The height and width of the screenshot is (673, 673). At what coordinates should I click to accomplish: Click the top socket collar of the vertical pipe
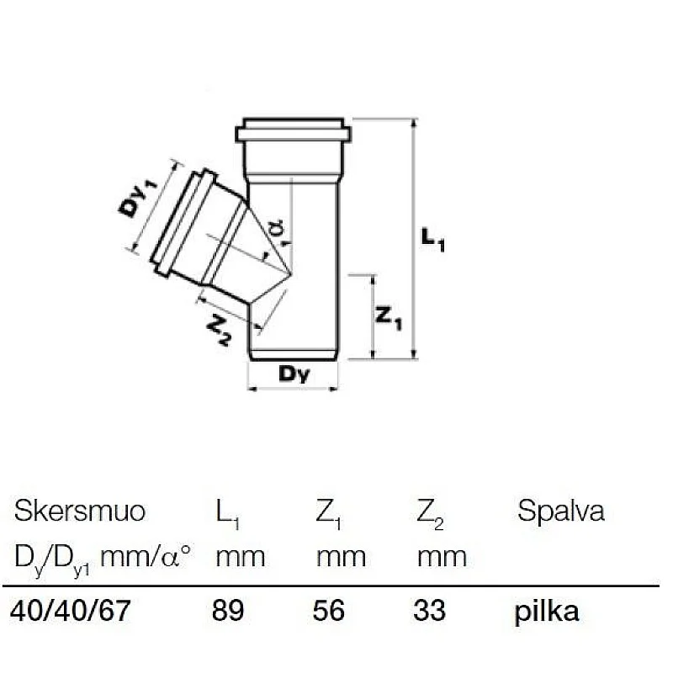click(293, 133)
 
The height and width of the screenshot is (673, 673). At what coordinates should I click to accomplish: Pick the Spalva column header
click(560, 511)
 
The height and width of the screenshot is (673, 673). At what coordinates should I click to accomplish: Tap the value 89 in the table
click(228, 610)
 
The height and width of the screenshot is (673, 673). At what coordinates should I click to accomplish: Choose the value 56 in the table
click(329, 610)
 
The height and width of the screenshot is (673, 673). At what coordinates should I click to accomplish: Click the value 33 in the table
click(430, 610)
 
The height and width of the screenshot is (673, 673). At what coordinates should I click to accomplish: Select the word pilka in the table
click(547, 611)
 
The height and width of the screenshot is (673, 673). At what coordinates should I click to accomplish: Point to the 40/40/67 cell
click(71, 610)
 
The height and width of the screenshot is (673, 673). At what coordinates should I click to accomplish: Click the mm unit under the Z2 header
click(442, 556)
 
